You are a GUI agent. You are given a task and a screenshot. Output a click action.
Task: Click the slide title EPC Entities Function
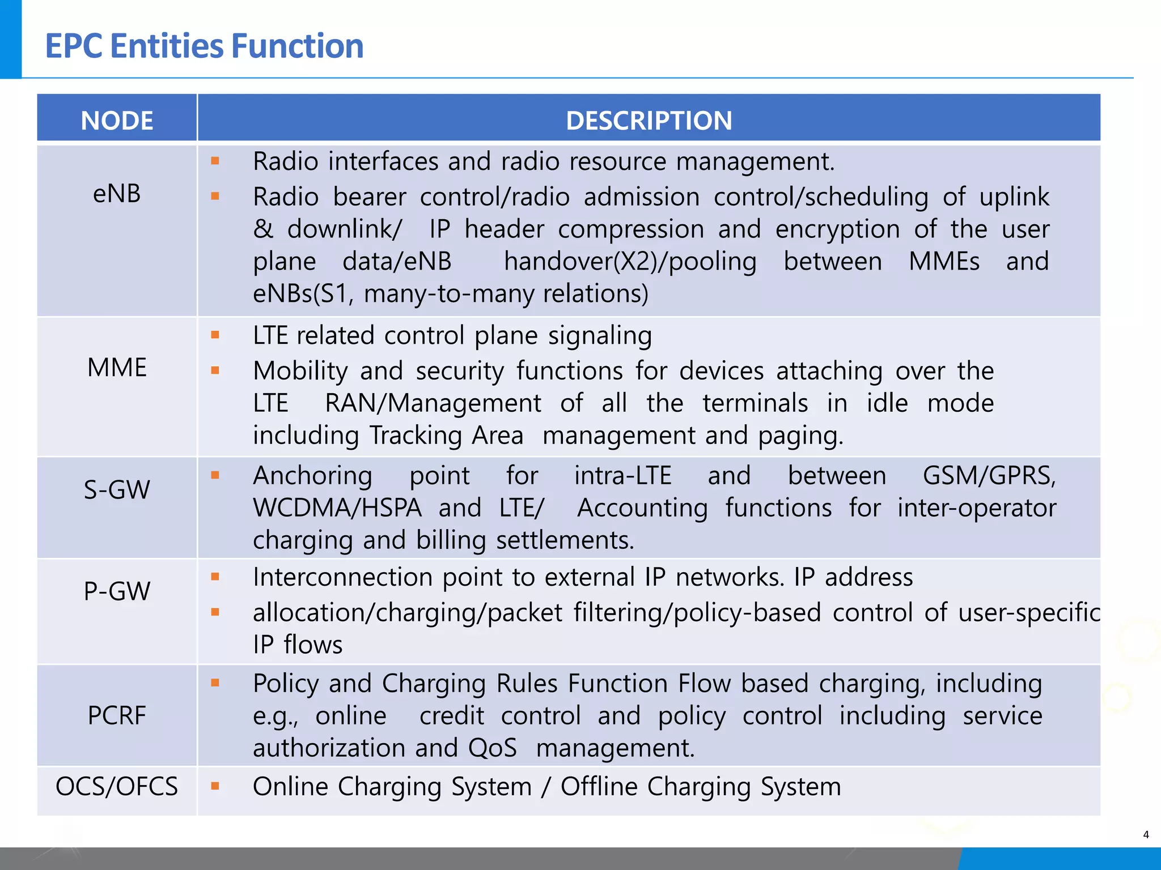(204, 46)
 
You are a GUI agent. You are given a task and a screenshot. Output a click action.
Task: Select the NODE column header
(117, 120)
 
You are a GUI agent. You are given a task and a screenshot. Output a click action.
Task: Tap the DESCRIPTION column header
(649, 120)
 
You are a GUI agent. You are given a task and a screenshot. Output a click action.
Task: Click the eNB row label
(117, 194)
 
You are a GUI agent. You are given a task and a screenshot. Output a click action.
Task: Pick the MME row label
(117, 368)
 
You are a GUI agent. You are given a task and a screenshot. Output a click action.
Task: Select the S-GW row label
(117, 489)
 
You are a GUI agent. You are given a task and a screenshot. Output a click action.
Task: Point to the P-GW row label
(117, 591)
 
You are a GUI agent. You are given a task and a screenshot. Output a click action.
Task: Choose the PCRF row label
(117, 715)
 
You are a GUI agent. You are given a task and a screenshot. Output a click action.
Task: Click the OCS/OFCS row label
(117, 787)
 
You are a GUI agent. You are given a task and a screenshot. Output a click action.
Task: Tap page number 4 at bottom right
(1146, 834)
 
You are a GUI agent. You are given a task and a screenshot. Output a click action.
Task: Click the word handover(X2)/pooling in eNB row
(630, 262)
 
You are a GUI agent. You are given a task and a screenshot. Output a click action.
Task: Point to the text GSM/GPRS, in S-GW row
(989, 476)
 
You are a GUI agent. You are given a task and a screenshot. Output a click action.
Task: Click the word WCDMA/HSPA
(337, 508)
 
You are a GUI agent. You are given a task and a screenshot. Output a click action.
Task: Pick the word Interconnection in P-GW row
(342, 577)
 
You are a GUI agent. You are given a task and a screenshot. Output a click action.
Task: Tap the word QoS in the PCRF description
(492, 748)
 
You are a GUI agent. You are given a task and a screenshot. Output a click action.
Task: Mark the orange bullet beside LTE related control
(215, 335)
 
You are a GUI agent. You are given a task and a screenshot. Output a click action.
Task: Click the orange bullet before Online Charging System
(215, 786)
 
